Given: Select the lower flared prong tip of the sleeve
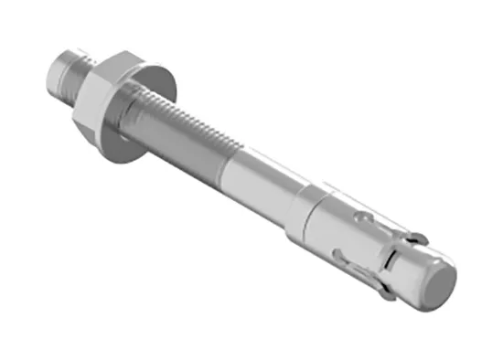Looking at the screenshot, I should [x=389, y=294].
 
